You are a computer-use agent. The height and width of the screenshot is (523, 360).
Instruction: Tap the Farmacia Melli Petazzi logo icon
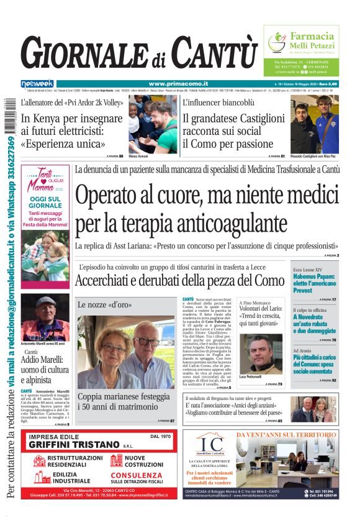click(277, 43)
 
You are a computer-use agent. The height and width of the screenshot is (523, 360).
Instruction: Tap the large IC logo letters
click(212, 445)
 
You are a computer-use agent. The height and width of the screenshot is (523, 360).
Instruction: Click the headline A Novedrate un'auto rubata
click(314, 321)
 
